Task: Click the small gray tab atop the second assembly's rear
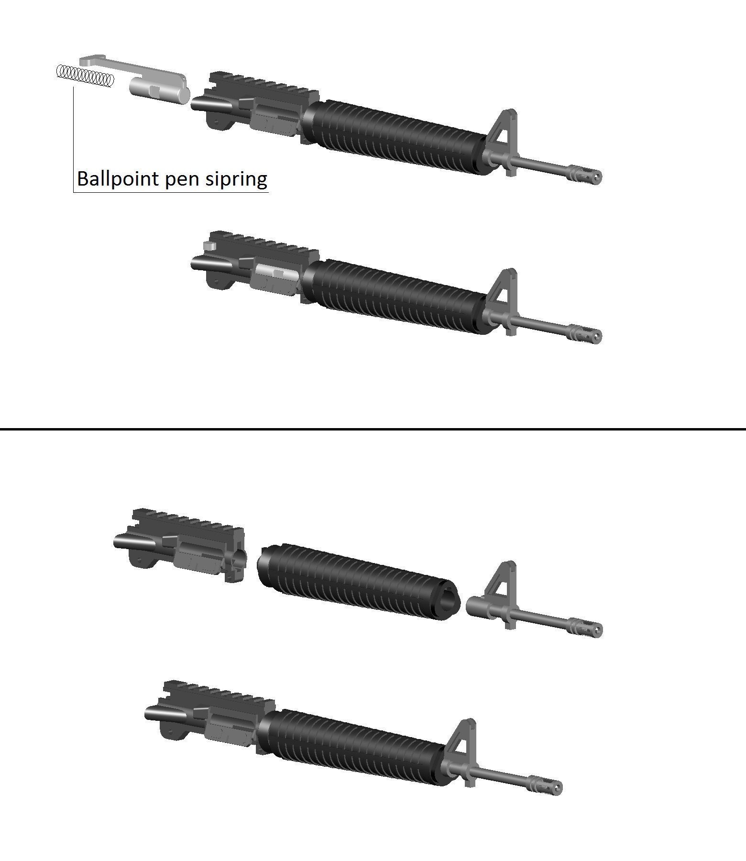[207, 246]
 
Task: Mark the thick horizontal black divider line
[373, 429]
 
